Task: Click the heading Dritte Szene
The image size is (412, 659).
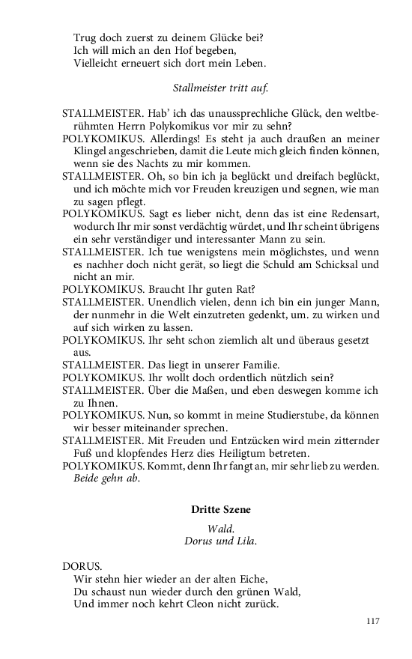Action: (220, 509)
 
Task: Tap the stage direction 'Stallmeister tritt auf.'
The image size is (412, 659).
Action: (220, 88)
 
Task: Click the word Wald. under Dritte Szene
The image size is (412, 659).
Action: (220, 528)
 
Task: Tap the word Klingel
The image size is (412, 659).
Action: (91, 151)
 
